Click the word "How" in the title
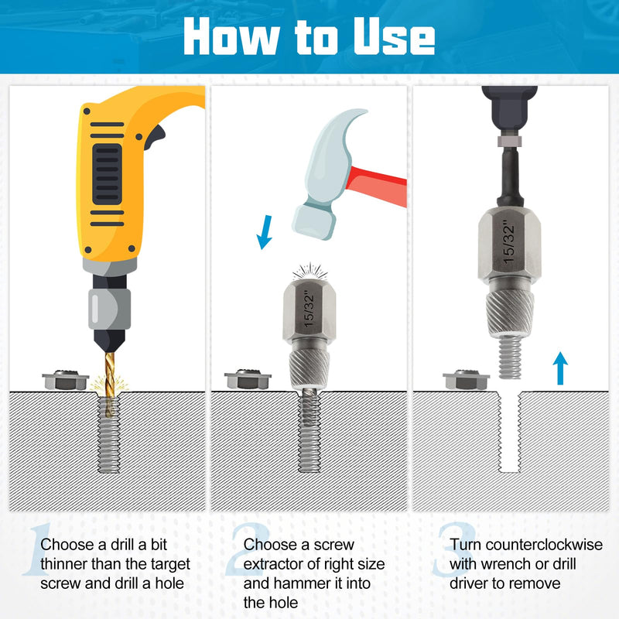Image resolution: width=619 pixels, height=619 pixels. [x=231, y=36]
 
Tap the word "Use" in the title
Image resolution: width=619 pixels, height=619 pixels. [x=394, y=36]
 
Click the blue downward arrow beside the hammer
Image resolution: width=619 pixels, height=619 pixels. [x=265, y=232]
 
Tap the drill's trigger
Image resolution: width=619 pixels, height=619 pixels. [x=156, y=137]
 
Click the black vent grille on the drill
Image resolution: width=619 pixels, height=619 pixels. [x=107, y=174]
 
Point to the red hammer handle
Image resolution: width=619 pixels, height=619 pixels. [x=377, y=186]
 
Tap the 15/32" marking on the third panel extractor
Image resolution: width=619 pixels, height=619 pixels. [x=509, y=242]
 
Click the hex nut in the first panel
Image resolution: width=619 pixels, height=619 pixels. [x=66, y=380]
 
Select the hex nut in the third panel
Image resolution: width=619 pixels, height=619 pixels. [x=466, y=380]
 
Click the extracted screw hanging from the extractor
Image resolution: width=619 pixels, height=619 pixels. [x=509, y=357]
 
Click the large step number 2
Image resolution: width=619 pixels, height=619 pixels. [x=249, y=549]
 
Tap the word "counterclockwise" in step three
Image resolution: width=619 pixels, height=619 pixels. [x=545, y=545]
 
